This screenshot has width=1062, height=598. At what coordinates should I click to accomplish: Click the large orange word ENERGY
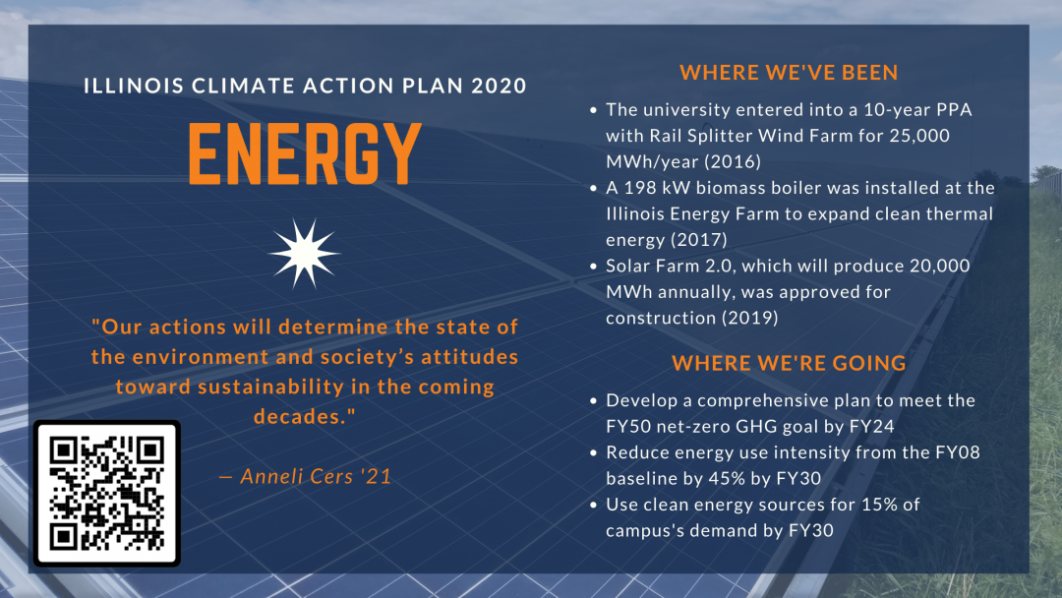pyautogui.click(x=305, y=155)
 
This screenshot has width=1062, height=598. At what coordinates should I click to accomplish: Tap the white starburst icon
pyautogui.click(x=304, y=253)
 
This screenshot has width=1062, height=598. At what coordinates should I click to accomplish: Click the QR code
pyautogui.click(x=107, y=493)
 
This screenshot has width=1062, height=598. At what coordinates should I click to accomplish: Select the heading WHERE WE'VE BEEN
pyautogui.click(x=789, y=73)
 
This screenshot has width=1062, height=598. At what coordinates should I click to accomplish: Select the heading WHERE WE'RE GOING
pyautogui.click(x=789, y=363)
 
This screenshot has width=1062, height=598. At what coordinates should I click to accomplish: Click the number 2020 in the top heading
pyautogui.click(x=499, y=86)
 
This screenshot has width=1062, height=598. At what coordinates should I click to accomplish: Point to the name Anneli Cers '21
pyautogui.click(x=305, y=476)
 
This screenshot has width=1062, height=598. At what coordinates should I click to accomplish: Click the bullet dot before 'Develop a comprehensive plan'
pyautogui.click(x=593, y=401)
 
